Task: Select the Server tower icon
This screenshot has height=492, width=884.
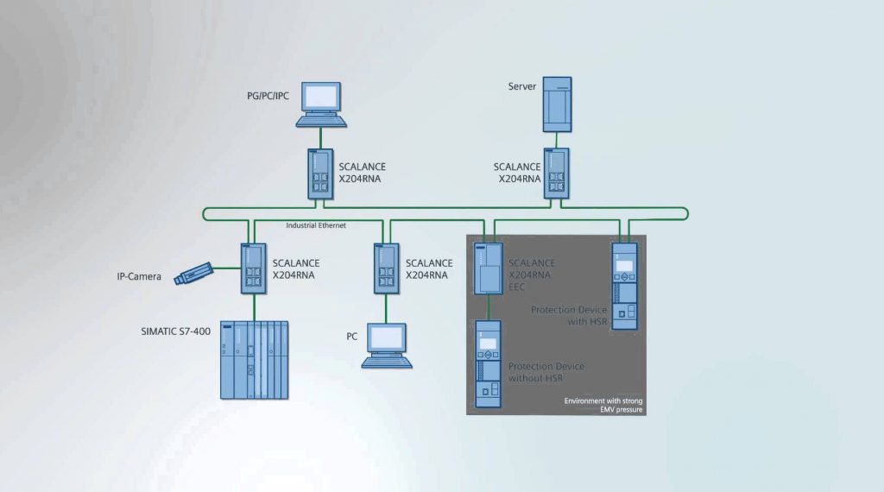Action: (557, 104)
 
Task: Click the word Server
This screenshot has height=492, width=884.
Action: (522, 86)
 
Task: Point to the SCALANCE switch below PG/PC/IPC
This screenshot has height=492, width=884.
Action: (319, 176)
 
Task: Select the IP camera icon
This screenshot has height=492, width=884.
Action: (194, 274)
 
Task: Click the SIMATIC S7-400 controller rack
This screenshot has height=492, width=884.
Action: (254, 359)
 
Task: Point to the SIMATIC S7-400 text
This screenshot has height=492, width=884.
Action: (175, 331)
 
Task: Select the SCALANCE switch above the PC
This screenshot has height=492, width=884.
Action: (385, 270)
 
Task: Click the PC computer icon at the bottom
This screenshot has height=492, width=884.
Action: (386, 345)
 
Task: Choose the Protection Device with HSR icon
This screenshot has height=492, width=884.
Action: (623, 286)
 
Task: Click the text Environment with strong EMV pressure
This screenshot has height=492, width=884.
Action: (603, 406)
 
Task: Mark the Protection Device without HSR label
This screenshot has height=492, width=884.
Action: (546, 372)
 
